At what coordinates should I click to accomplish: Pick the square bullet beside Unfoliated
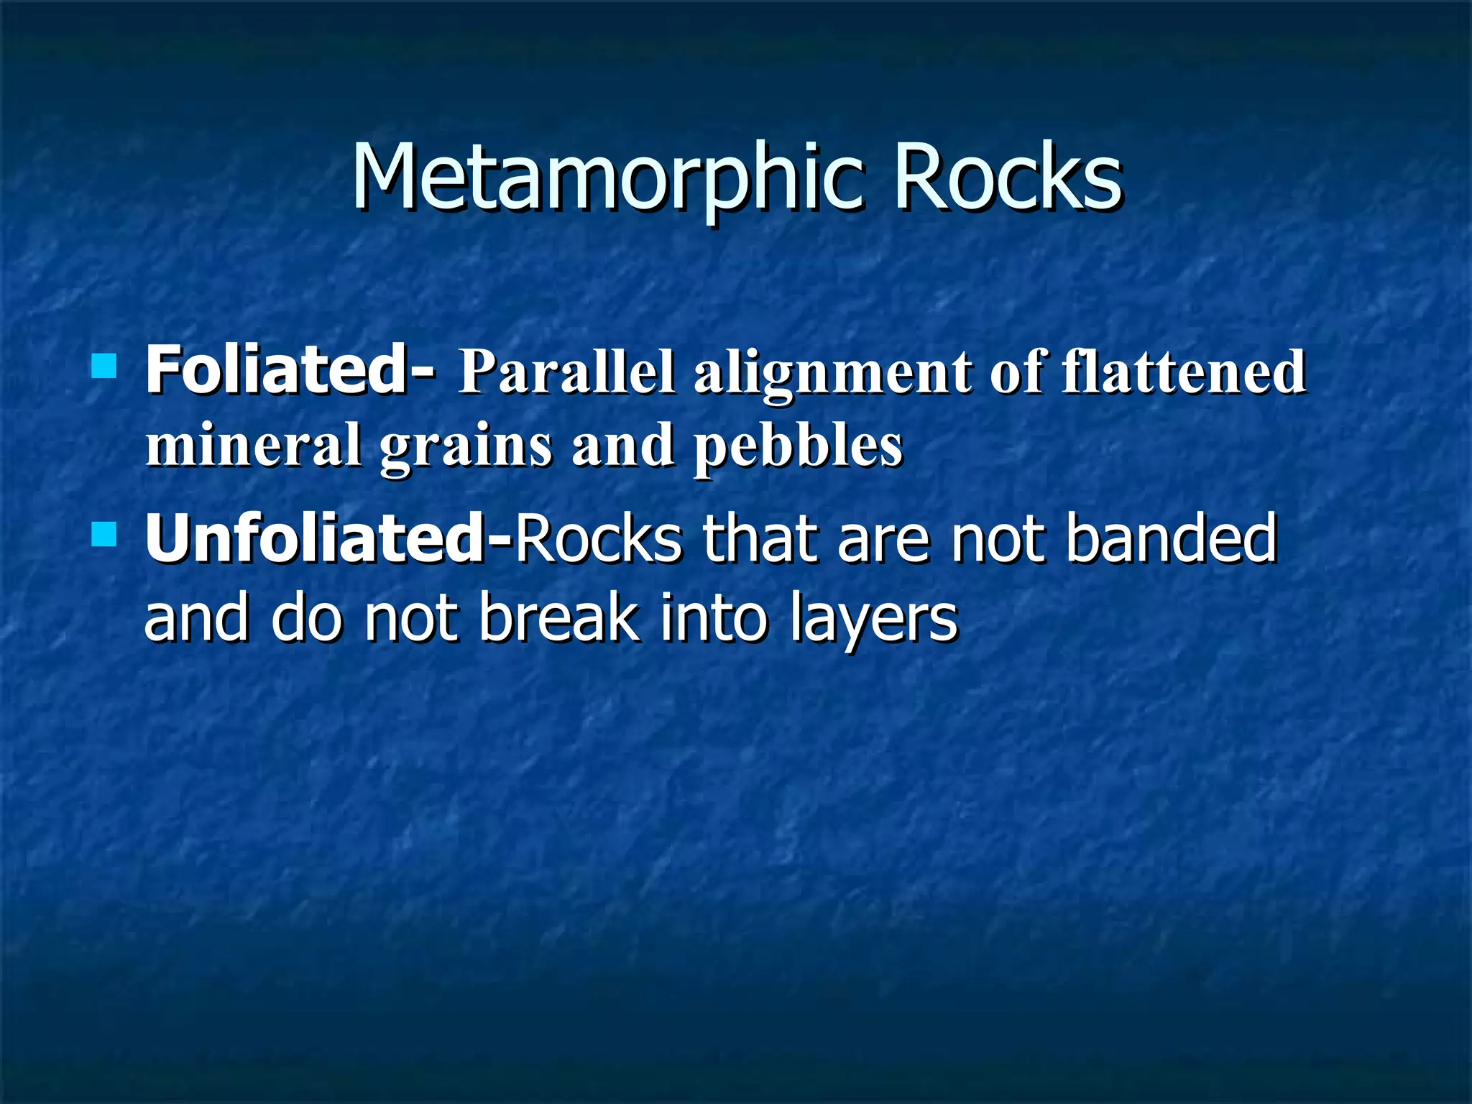tap(104, 534)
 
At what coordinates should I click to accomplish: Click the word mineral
tap(253, 445)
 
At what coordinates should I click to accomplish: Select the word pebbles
tap(798, 447)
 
